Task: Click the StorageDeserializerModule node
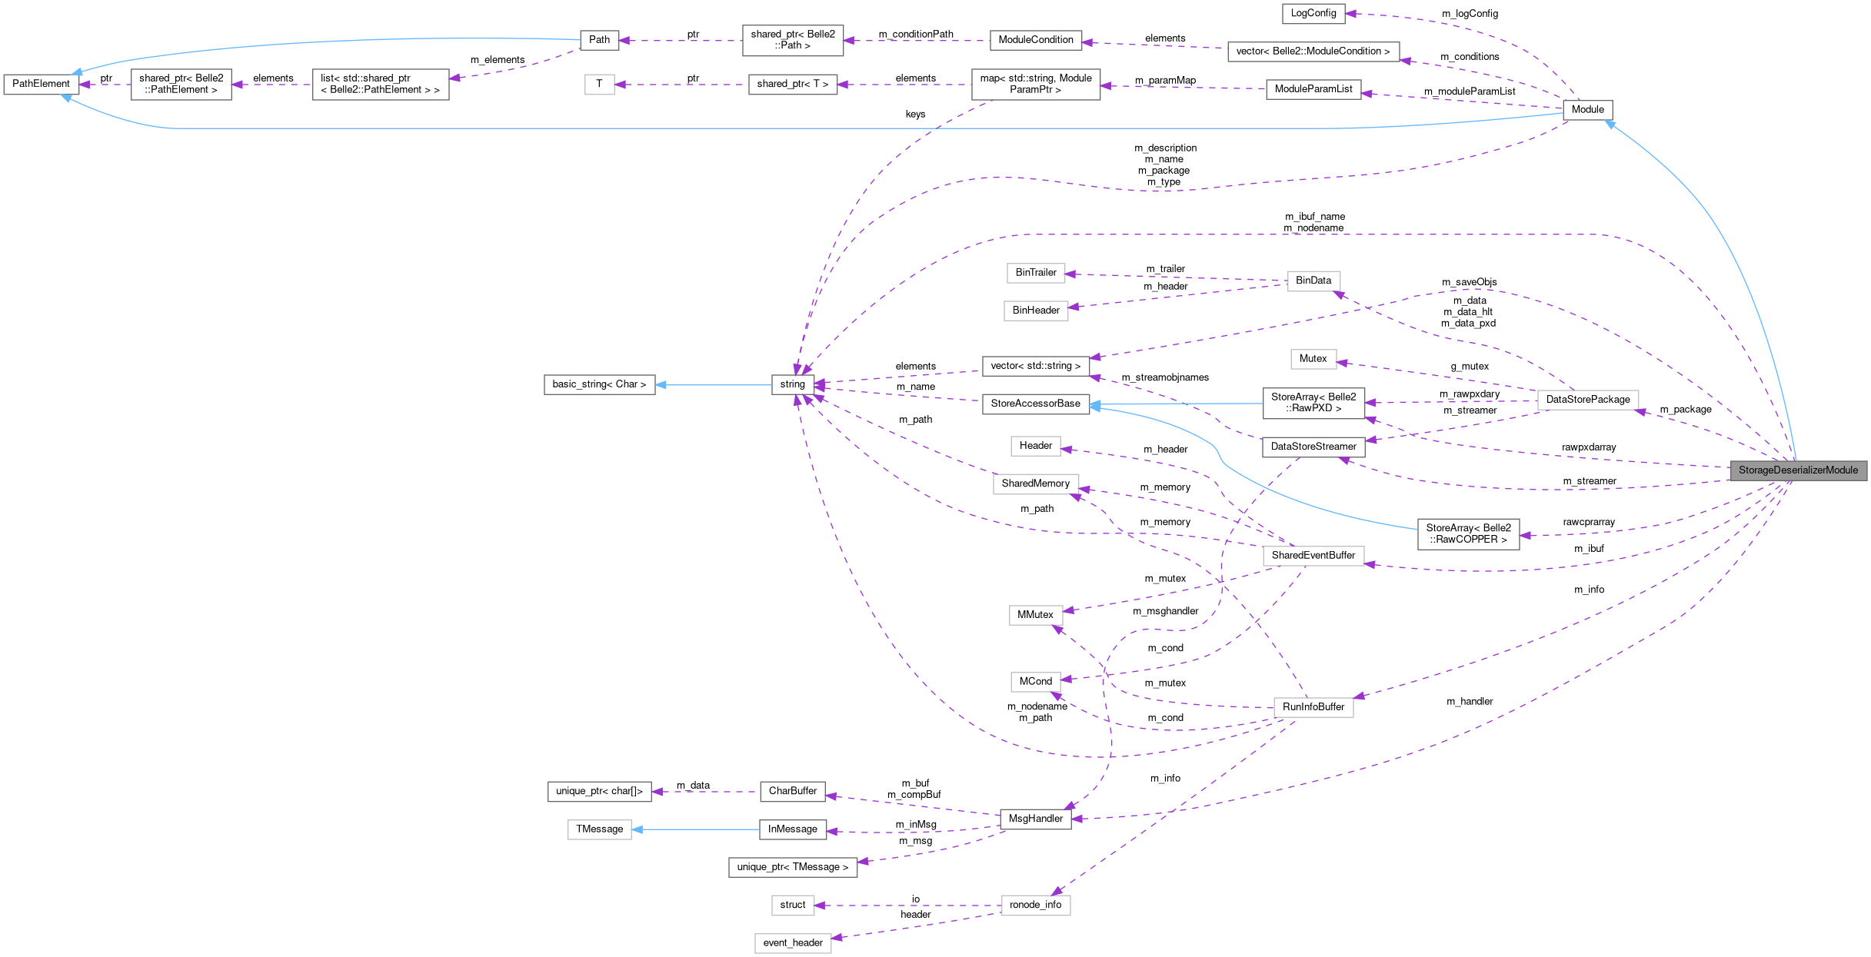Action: pyautogui.click(x=1797, y=470)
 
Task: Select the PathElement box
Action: pyautogui.click(x=41, y=84)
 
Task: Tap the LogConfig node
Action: pyautogui.click(x=1313, y=13)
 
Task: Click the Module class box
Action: pyautogui.click(x=1587, y=110)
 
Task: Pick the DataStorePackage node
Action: pyautogui.click(x=1587, y=400)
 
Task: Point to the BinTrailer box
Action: pyautogui.click(x=1036, y=273)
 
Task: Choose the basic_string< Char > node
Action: pyautogui.click(x=599, y=384)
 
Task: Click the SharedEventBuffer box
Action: pyautogui.click(x=1313, y=556)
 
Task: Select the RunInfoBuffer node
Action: pyautogui.click(x=1313, y=707)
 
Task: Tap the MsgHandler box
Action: pyautogui.click(x=1035, y=819)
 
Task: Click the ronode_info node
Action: pyautogui.click(x=1035, y=905)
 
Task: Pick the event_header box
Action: pyautogui.click(x=792, y=943)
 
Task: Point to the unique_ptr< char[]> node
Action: pyautogui.click(x=599, y=792)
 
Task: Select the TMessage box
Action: pyautogui.click(x=599, y=829)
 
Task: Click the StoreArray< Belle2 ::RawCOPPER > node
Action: pyautogui.click(x=1468, y=534)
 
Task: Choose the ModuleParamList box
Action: pyautogui.click(x=1313, y=89)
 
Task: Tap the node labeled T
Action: pyautogui.click(x=599, y=84)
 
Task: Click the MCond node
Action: pyautogui.click(x=1035, y=682)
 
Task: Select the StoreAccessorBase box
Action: pyautogui.click(x=1035, y=404)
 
